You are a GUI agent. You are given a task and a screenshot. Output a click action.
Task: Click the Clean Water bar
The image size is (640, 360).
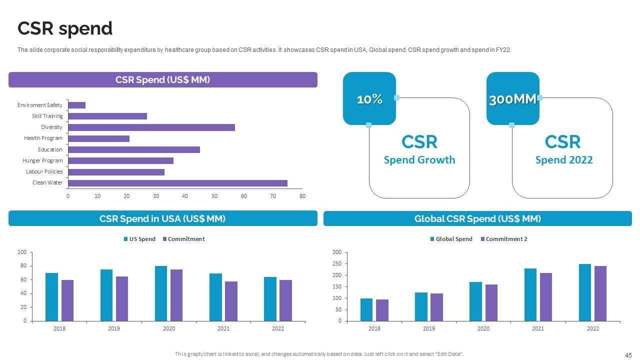pyautogui.click(x=177, y=183)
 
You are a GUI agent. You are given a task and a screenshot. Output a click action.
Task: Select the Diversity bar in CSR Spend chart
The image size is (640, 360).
pyautogui.click(x=151, y=127)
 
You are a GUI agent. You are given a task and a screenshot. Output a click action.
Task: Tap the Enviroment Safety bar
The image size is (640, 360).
pyautogui.click(x=76, y=105)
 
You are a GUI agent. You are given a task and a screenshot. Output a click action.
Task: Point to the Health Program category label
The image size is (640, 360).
pyautogui.click(x=43, y=138)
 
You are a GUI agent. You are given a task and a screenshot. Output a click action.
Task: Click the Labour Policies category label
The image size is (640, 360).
pyautogui.click(x=44, y=171)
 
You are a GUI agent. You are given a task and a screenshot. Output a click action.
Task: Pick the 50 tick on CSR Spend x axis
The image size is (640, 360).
pyautogui.click(x=214, y=196)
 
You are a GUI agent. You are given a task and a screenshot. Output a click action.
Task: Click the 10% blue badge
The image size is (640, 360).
pyautogui.click(x=369, y=99)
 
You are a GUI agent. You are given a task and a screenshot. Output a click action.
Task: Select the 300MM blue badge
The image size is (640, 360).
pyautogui.click(x=512, y=99)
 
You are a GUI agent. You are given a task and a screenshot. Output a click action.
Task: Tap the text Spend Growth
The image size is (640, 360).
pyautogui.click(x=419, y=160)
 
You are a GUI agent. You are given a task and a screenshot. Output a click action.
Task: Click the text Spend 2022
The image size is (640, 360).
pyautogui.click(x=563, y=160)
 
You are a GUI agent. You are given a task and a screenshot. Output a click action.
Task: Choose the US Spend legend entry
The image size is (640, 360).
pyautogui.click(x=139, y=239)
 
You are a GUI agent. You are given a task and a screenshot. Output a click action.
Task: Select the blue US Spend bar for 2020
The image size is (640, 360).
pyautogui.click(x=161, y=293)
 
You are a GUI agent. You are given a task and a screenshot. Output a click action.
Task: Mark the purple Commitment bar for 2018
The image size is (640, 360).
pyautogui.click(x=67, y=300)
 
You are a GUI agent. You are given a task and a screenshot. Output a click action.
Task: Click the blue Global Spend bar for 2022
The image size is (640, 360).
pyautogui.click(x=584, y=292)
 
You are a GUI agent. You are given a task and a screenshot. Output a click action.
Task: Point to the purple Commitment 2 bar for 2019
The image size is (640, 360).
pyautogui.click(x=436, y=307)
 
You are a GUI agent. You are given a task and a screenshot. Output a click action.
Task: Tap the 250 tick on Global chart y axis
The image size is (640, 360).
pyautogui.click(x=337, y=263)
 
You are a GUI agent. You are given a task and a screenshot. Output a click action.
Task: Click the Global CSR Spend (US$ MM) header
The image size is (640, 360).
pyautogui.click(x=477, y=218)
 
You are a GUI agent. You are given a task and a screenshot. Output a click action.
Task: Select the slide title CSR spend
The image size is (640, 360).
pyautogui.click(x=65, y=28)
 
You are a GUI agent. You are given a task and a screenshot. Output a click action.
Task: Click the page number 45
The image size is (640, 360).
pyautogui.click(x=628, y=355)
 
